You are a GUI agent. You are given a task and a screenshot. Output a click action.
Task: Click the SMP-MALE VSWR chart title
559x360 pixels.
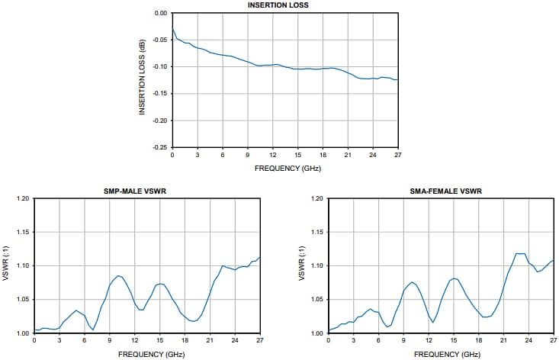tap(135, 191)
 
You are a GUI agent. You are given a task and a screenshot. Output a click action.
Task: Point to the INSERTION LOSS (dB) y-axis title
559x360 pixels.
tap(143, 80)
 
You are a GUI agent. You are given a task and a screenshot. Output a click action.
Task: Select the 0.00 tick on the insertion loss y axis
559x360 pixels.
tap(159, 14)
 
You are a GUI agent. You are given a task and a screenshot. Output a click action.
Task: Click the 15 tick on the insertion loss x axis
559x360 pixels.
tap(298, 156)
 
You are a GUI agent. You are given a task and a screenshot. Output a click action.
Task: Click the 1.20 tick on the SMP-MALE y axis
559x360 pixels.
tap(21, 199)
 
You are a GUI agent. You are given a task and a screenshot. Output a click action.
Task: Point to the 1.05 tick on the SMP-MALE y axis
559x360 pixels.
tap(21, 300)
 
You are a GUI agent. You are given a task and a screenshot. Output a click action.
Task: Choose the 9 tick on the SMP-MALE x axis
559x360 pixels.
tap(110, 340)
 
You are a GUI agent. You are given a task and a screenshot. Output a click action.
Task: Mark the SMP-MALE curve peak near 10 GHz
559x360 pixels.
tap(118, 275)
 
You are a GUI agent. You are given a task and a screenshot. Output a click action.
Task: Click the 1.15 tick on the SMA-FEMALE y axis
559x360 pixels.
tap(316, 233)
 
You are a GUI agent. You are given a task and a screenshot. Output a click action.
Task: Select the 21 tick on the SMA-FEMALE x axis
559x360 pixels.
tap(503, 340)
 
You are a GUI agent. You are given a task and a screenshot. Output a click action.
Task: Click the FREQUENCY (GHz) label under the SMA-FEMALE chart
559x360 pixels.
tap(441, 354)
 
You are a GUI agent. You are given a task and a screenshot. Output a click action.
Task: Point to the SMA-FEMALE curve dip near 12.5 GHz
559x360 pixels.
tap(432, 323)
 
